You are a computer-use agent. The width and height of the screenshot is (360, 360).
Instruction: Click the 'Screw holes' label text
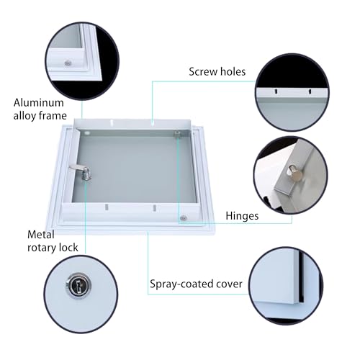click(x=217, y=71)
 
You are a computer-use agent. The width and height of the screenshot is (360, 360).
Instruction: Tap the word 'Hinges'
click(x=242, y=216)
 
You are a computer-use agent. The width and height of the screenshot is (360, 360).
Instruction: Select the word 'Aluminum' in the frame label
click(x=39, y=103)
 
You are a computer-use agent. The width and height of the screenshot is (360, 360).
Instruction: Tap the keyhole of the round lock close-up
click(x=78, y=285)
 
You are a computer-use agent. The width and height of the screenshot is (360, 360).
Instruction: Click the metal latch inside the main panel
click(x=81, y=172)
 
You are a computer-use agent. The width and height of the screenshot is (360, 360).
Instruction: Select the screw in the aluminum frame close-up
click(x=68, y=63)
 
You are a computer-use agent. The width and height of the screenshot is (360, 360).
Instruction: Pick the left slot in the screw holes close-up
click(x=276, y=91)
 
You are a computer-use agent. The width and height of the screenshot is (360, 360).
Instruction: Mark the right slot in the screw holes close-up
click(x=310, y=91)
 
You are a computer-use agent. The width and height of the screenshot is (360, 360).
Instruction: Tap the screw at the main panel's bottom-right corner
click(x=184, y=218)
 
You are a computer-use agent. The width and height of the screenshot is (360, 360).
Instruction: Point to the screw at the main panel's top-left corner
click(x=87, y=132)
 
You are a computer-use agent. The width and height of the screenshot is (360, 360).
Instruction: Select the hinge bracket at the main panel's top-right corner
click(x=177, y=134)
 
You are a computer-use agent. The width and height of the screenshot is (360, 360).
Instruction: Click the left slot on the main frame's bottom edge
click(x=107, y=207)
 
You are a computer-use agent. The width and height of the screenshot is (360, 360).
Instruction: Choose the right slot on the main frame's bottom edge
click(x=155, y=208)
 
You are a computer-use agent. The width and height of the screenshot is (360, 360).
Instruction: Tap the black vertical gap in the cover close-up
click(x=302, y=276)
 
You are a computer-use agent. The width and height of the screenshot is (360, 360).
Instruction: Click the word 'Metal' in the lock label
click(x=41, y=235)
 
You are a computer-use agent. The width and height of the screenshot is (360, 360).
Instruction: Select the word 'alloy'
click(x=24, y=116)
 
